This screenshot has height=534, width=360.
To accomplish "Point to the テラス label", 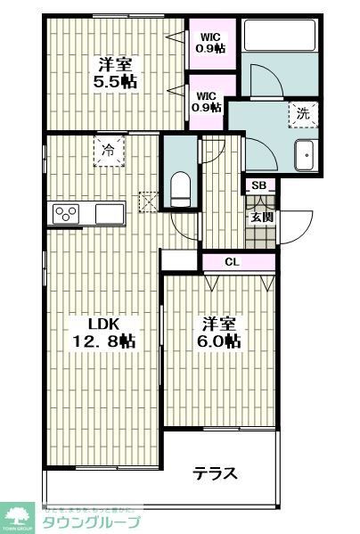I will [216, 473].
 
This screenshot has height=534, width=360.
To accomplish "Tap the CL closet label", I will [231, 262].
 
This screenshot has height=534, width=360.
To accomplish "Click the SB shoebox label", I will [258, 186].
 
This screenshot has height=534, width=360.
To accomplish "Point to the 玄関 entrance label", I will [260, 217].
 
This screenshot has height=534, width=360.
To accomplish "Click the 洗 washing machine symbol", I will [303, 114].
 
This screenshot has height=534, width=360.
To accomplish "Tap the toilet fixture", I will [180, 188].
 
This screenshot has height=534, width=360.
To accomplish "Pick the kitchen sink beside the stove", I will [110, 214].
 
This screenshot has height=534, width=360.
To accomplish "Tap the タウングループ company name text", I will [92, 522].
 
